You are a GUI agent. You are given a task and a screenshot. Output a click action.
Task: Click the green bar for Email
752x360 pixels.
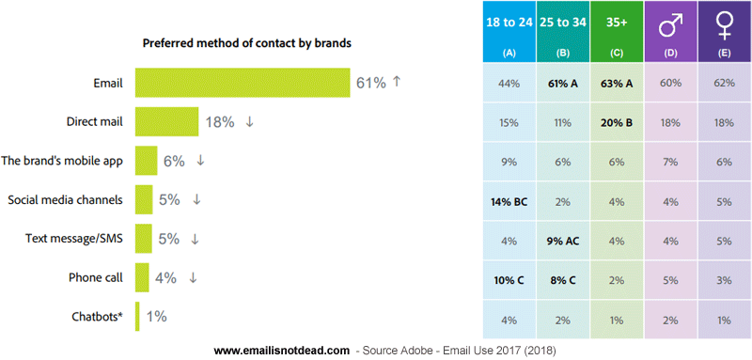[243, 83]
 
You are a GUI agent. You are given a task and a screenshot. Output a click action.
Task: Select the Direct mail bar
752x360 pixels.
[166, 121]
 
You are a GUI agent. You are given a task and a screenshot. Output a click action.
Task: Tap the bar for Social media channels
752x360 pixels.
[144, 199]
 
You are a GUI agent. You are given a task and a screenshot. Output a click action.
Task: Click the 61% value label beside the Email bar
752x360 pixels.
[370, 83]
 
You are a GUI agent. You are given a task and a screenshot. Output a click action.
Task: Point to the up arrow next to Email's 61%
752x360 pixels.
[397, 82]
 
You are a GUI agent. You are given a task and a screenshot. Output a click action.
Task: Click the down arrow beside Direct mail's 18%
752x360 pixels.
[249, 121]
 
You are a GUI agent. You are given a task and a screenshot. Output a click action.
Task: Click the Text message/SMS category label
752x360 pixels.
[75, 239]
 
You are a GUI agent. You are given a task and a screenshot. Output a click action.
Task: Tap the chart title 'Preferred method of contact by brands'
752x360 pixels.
[248, 43]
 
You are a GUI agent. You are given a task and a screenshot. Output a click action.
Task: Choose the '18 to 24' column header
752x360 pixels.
[509, 22]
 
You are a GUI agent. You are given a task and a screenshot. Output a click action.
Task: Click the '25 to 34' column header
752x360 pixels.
[562, 22]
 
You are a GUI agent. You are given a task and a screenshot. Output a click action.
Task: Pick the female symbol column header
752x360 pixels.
[723, 22]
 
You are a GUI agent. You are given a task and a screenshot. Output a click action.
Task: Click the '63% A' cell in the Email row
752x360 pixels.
[616, 82]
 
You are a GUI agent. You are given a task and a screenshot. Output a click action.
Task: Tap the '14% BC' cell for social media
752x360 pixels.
[509, 199]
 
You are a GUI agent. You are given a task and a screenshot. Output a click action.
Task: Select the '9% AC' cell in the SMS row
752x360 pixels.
[562, 239]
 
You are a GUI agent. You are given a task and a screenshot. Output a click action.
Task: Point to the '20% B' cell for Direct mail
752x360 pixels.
[616, 121]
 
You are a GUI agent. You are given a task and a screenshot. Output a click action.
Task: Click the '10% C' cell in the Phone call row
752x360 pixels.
[509, 278]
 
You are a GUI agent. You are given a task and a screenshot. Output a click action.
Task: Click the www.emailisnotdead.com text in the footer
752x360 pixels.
[283, 350]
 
